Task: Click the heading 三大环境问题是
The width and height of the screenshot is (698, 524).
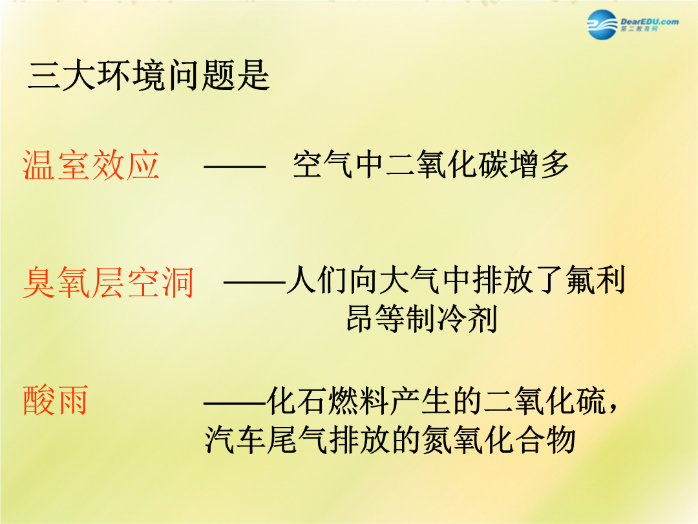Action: click(149, 76)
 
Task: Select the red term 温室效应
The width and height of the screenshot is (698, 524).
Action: click(91, 166)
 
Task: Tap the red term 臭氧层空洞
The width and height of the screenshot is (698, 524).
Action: click(108, 282)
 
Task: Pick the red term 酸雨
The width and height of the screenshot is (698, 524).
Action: click(55, 400)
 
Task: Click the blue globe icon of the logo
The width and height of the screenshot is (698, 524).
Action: click(602, 25)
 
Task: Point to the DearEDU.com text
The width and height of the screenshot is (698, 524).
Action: click(650, 21)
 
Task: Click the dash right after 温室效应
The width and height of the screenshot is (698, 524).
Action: click(235, 167)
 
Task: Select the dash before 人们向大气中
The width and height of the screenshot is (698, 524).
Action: click(254, 282)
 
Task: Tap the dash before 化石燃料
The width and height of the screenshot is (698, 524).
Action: click(235, 403)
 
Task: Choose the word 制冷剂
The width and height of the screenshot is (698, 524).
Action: click(452, 318)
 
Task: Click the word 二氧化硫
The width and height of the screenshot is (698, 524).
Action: click(545, 401)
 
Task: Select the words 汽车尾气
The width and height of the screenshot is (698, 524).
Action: click(266, 441)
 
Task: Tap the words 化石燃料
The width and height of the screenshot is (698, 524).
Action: click(327, 401)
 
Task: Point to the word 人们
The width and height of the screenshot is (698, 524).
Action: click(316, 280)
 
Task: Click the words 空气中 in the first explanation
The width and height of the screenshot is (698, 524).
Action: click(339, 165)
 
